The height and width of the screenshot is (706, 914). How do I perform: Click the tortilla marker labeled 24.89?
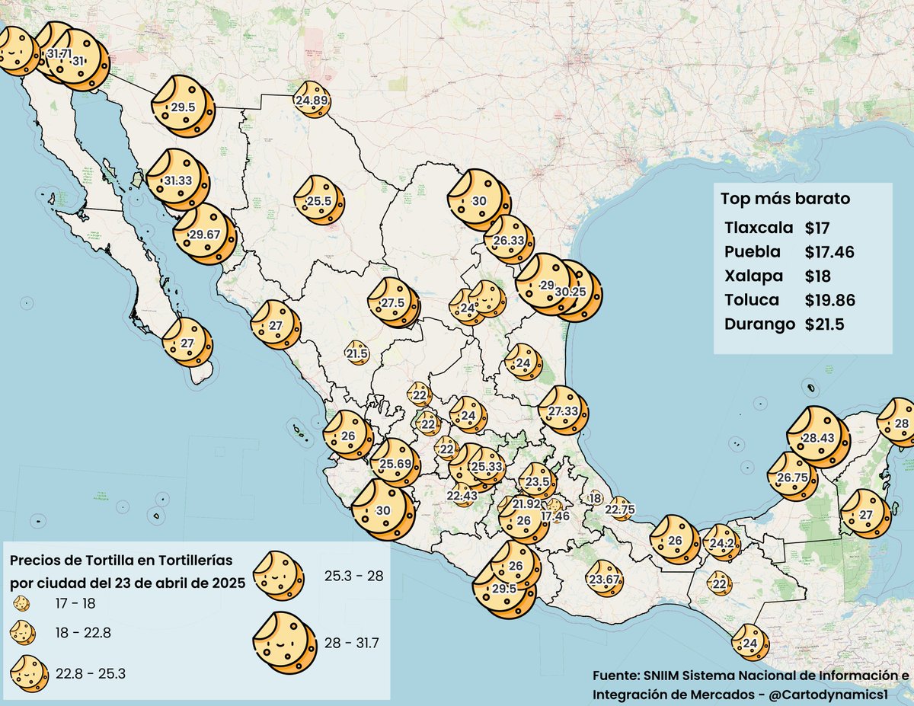(312, 100)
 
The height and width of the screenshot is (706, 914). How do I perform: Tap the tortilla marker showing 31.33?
(177, 180)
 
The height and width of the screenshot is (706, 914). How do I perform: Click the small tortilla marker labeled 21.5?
(357, 353)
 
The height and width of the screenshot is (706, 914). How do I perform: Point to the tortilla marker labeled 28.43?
(818, 437)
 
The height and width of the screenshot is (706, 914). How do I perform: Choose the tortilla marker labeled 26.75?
(792, 477)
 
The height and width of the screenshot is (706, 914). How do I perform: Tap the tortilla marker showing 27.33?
(564, 411)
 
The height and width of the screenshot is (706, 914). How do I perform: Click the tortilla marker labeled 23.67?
(604, 580)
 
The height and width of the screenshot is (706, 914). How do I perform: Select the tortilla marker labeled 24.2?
(721, 544)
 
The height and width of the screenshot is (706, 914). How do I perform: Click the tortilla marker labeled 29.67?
(203, 234)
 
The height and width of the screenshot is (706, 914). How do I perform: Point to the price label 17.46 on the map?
(556, 516)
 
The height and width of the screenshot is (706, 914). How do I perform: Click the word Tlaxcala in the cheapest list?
(759, 228)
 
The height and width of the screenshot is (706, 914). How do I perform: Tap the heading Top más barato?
(785, 200)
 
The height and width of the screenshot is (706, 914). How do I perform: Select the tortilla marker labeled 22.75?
(620, 510)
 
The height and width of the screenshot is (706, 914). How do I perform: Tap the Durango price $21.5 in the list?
(824, 324)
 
